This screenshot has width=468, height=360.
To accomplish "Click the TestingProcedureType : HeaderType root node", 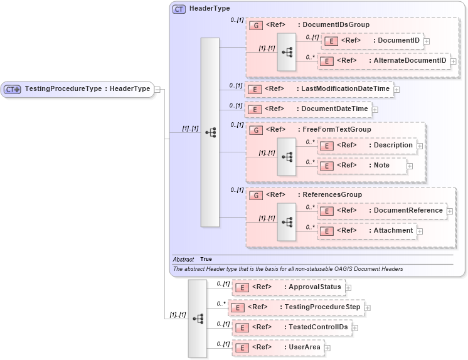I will [78, 89].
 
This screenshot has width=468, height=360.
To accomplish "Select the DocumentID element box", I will [371, 41].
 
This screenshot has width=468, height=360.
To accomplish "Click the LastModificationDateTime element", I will [319, 89].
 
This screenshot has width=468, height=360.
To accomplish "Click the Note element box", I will [361, 166].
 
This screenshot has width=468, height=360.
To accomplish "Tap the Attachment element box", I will [366, 231].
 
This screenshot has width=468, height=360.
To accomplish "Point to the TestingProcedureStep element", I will [295, 307].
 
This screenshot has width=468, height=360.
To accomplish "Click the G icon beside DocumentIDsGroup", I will [255, 26].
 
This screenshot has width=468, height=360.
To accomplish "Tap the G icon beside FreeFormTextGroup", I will [255, 130].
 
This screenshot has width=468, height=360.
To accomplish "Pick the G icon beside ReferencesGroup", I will [255, 195].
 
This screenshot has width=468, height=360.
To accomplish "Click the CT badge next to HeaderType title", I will [179, 9].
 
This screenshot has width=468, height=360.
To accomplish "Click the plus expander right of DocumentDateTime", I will [375, 109].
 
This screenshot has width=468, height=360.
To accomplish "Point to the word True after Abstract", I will [206, 259].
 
